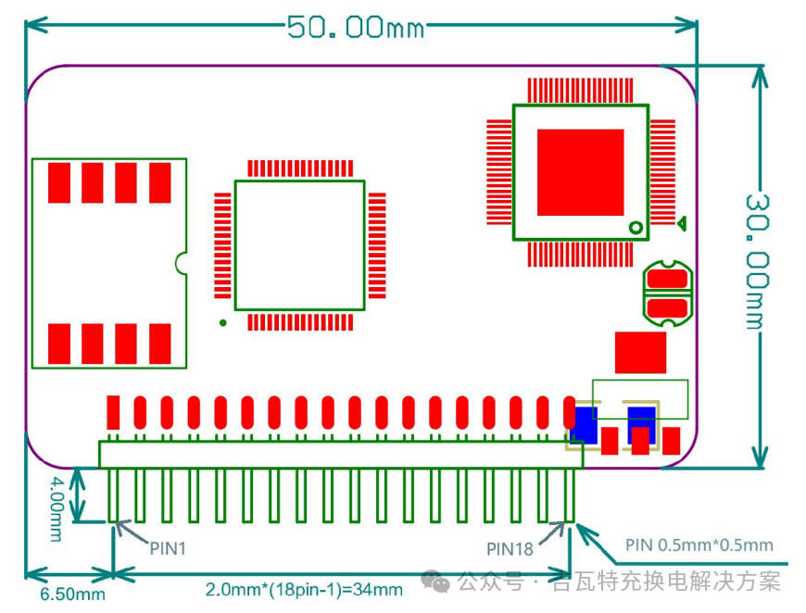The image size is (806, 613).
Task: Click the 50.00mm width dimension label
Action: click(356, 27)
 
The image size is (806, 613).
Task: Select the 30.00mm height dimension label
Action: click(758, 261)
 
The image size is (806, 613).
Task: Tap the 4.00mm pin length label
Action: click(56, 508)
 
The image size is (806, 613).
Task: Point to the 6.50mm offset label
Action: click(72, 594)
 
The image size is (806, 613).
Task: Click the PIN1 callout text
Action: click(168, 549)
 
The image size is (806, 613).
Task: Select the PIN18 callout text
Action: click(510, 549)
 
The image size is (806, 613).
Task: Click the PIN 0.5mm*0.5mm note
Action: click(699, 545)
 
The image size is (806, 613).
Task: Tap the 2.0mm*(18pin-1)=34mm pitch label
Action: click(304, 589)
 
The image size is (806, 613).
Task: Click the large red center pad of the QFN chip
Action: click(580, 172)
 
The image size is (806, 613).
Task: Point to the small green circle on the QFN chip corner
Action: click(636, 227)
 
